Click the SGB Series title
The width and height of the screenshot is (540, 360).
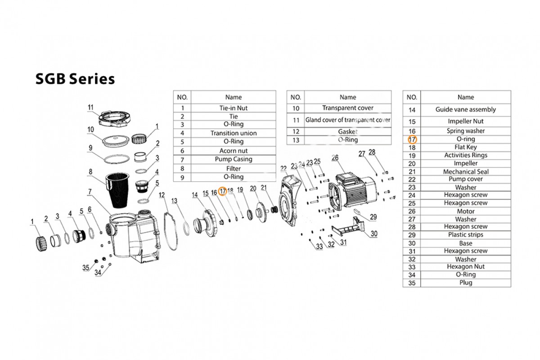point(75,79)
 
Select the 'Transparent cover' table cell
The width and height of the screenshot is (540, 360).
point(348,108)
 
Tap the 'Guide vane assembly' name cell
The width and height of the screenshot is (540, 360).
point(465,110)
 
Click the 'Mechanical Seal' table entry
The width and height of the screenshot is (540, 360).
point(465,172)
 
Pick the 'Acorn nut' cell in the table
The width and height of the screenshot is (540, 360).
point(234,151)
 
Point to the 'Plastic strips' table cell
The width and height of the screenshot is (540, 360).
point(465,234)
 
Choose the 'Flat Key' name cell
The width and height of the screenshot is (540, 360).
point(465,147)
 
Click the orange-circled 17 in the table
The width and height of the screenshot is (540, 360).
point(412,139)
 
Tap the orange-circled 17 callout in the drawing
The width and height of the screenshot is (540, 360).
point(222,191)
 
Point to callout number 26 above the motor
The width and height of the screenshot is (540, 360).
point(335,157)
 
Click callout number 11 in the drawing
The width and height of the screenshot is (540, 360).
point(90,107)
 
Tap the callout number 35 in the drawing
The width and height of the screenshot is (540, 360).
point(86,268)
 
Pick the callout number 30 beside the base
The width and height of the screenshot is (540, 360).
point(374,234)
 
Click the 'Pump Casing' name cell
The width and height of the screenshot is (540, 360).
point(234,159)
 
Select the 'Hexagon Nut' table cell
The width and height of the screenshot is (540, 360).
point(465,267)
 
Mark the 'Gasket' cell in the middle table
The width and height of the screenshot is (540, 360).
point(348,132)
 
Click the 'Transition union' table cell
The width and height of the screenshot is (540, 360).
point(234,133)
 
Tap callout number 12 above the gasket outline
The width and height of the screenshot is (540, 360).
point(162,195)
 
